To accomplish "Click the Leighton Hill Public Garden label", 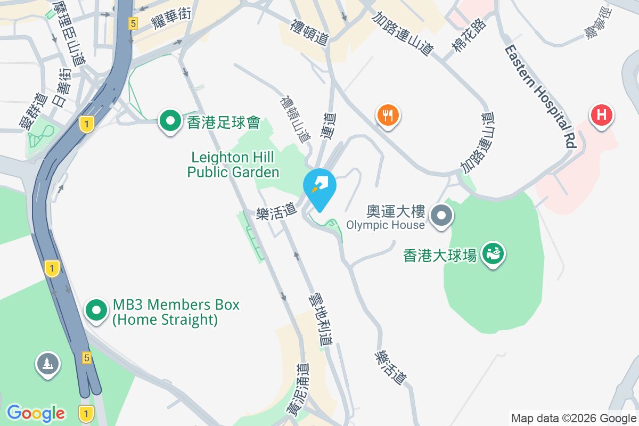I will [x=233, y=165].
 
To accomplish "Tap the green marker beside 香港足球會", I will [x=170, y=121].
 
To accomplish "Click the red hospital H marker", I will [x=602, y=115].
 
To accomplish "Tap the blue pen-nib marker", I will [x=319, y=186].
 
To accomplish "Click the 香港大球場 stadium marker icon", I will [x=493, y=254].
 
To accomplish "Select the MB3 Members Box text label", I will [x=176, y=312].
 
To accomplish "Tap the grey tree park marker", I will [x=48, y=364].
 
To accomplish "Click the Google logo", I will [x=36, y=413].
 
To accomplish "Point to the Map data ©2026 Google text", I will [x=574, y=419].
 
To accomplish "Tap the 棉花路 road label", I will [x=469, y=35].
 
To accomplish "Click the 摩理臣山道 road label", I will [x=69, y=32].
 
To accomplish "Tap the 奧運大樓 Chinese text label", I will [x=396, y=212].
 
